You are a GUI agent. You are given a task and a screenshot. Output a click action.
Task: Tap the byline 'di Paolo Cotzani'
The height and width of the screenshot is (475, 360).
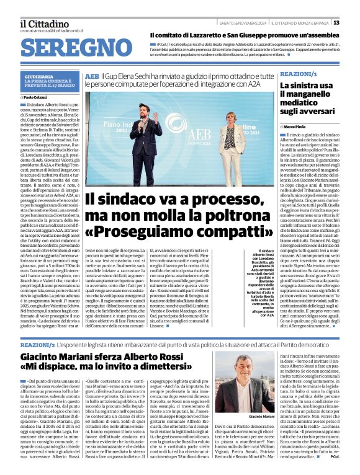point(37,97)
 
